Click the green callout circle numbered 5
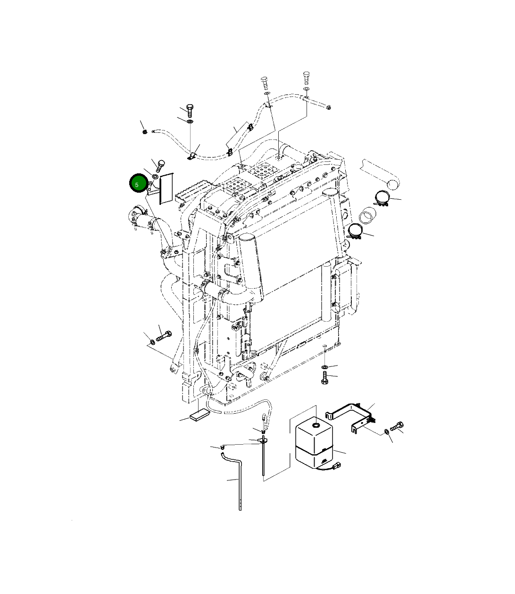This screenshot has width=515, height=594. [x=139, y=183]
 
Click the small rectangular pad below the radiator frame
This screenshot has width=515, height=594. [x=199, y=415]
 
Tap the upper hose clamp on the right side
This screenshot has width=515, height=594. [x=382, y=198]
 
